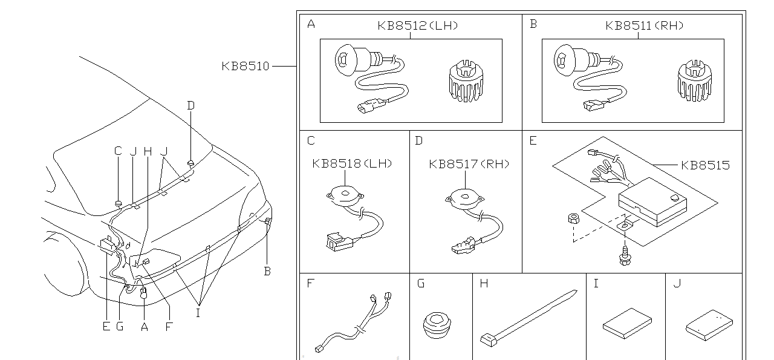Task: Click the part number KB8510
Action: click(x=245, y=66)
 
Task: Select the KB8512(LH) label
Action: click(x=417, y=25)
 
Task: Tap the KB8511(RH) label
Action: click(x=644, y=25)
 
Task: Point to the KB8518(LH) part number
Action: click(x=352, y=163)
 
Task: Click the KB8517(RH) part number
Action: click(x=469, y=164)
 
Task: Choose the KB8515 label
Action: click(x=704, y=165)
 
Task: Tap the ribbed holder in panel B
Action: click(x=694, y=81)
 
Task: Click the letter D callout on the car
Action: click(x=190, y=105)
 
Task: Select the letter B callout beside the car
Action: click(x=267, y=272)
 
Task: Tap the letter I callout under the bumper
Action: click(x=198, y=313)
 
